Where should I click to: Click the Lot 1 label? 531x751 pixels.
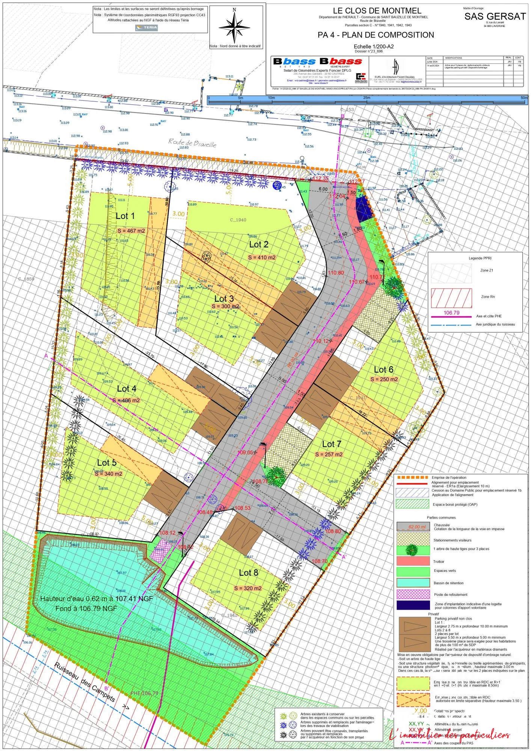pos(125,216)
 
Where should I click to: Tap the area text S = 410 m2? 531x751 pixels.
pos(262,258)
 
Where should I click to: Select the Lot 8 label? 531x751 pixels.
pos(249,573)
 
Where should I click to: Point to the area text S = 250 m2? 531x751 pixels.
pos(384,379)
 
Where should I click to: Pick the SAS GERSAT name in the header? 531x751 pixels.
pos(495,17)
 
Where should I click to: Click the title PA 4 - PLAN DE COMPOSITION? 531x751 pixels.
pos(376,35)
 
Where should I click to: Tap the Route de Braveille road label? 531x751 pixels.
pos(192,143)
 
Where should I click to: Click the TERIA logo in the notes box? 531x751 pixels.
pos(146,27)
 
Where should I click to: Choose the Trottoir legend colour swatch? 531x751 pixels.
pos(413,561)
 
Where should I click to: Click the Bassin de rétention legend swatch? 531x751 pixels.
pos(413,583)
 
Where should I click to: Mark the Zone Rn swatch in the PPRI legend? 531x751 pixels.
pos(451,298)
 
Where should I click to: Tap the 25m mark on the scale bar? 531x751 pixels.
pos(367,98)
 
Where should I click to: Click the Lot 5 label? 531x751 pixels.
pos(107,463)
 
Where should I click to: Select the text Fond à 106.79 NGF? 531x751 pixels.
pos(86,608)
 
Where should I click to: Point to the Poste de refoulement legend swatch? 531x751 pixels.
pos(413,594)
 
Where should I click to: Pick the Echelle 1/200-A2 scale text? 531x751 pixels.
pos(373,47)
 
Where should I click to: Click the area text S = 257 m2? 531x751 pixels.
pos(329,454)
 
